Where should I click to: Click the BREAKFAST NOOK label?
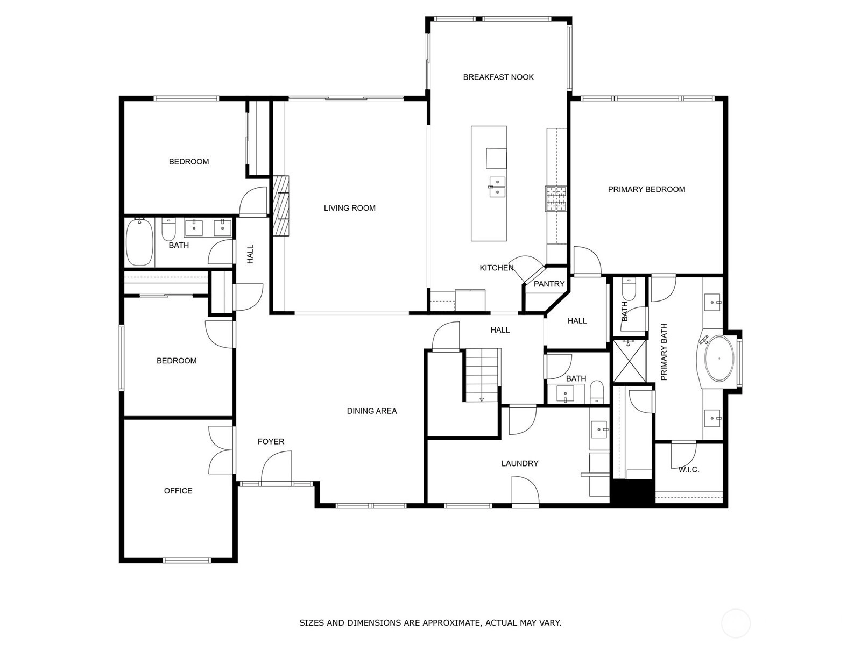pos(498,77)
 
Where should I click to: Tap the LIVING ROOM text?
pos(349,208)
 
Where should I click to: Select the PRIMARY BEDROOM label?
pos(646,190)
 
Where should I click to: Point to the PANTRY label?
pos(549,284)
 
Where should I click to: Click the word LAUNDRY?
pos(520,463)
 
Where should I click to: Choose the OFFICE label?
pos(178,491)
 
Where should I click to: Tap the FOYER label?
pos(271,441)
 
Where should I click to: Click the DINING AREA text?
pos(372,411)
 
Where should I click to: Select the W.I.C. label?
pos(689,469)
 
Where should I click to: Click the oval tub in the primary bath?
pos(719,358)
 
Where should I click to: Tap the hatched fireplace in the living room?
pos(281,206)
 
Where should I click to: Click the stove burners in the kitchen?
pos(556,198)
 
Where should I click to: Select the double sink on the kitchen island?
pos(497,187)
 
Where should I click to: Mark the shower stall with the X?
pos(629,361)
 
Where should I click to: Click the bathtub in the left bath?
pos(139,242)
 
